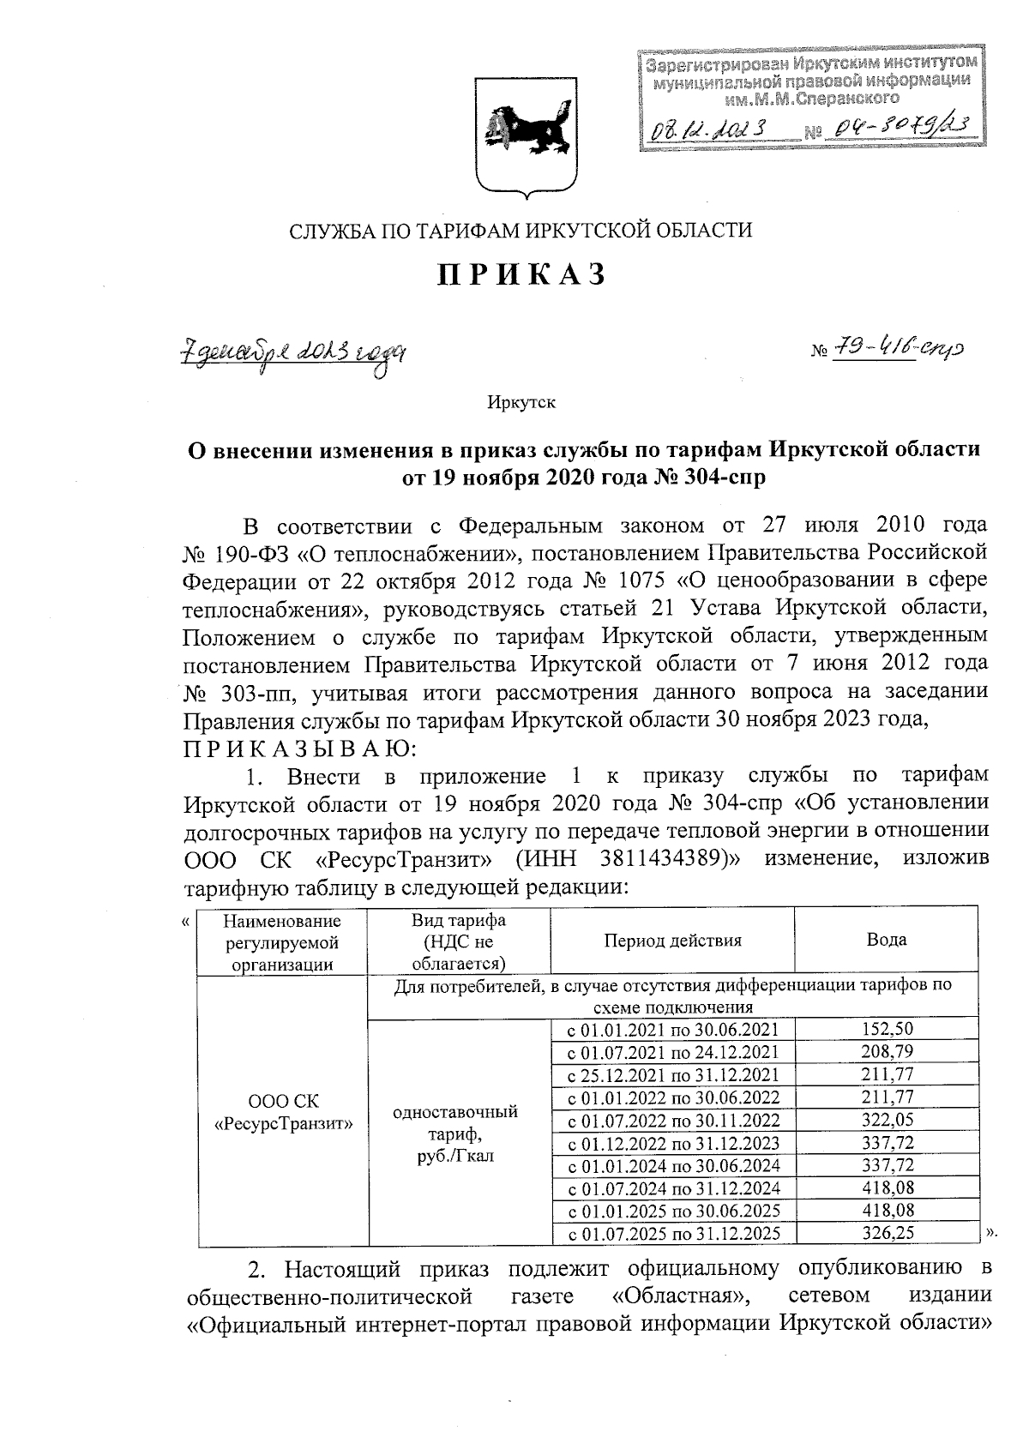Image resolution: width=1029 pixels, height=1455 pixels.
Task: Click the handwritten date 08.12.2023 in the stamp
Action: point(708,129)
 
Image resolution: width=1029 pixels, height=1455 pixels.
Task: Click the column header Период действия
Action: point(672,940)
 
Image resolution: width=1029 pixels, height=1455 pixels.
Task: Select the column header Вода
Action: point(886,940)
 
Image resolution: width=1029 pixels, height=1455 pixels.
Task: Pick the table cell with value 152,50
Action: point(886,1029)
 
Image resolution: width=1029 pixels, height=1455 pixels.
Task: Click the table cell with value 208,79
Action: point(886,1051)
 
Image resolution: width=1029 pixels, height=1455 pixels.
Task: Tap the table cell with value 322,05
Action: point(886,1120)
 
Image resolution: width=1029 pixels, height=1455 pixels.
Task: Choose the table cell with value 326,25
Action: point(886,1233)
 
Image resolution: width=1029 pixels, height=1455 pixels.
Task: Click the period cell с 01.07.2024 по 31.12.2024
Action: point(672,1188)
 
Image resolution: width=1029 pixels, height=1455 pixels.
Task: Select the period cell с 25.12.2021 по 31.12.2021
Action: point(672,1074)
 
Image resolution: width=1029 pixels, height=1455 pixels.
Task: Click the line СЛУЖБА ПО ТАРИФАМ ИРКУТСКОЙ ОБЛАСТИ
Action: point(521,230)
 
